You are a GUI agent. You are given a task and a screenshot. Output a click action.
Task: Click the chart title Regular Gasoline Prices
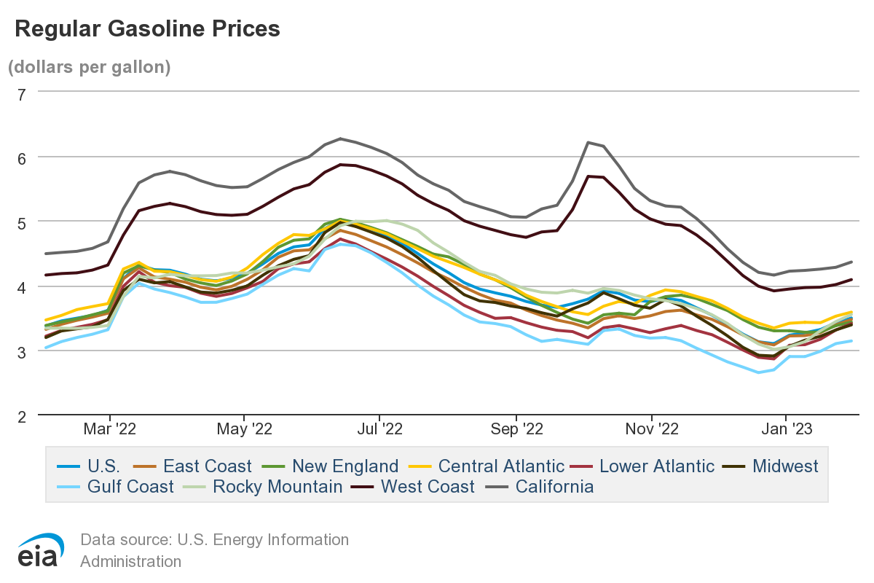(x=147, y=28)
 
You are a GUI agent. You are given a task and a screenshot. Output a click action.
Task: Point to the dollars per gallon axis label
(x=89, y=67)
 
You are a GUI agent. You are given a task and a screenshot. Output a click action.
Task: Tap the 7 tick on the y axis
(x=21, y=93)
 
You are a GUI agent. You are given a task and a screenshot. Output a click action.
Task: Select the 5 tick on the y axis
(x=21, y=222)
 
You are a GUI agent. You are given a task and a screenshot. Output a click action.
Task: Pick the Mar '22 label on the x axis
(x=109, y=429)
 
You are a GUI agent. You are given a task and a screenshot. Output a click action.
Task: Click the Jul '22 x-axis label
(x=379, y=429)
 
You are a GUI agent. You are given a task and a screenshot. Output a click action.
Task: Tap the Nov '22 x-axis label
(x=651, y=429)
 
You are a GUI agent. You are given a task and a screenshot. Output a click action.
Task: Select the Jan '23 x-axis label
(x=787, y=429)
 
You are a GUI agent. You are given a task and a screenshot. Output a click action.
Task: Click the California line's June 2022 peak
(x=339, y=138)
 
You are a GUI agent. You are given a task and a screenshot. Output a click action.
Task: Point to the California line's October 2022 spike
(x=588, y=142)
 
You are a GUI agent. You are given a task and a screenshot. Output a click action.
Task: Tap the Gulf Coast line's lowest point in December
(x=758, y=372)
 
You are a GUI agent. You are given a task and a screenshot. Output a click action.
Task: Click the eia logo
(x=41, y=550)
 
